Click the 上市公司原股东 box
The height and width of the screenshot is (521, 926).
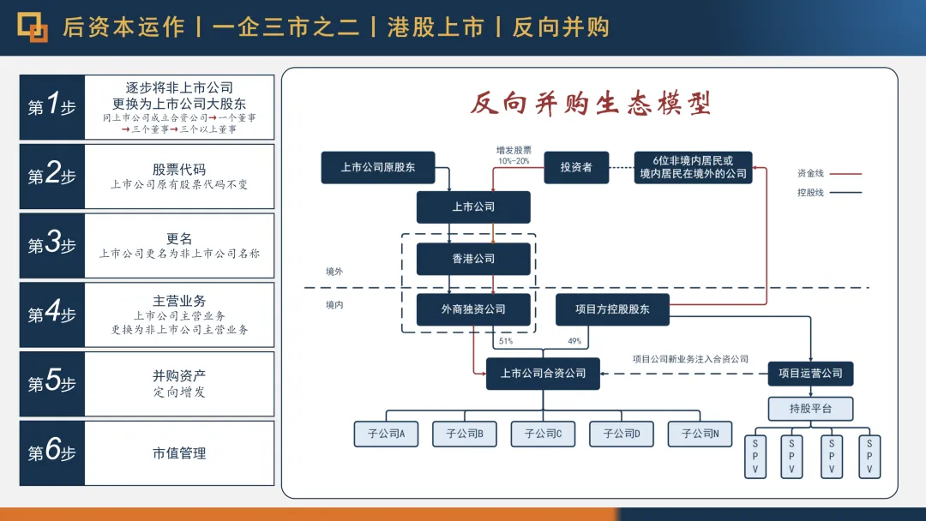pos(378,167)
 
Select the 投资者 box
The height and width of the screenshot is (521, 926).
pos(576,167)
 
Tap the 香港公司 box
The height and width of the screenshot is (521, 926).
pos(473,259)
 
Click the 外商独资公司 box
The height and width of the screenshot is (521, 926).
pos(473,309)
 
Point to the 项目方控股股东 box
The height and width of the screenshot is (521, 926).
pos(612,309)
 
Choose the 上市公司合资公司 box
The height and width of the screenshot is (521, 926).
pos(543,374)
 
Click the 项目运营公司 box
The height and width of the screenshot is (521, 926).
pos(810,374)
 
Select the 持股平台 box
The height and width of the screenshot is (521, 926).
pos(810,409)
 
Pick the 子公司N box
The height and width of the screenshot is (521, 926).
pos(700,434)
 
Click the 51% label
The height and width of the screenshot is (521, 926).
pos(506,341)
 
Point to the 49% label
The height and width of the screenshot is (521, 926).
pos(574,341)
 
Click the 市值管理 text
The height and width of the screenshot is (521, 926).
pos(179,453)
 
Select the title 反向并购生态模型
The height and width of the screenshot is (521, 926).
pos(591,104)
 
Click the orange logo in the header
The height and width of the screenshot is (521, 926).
pos(33,27)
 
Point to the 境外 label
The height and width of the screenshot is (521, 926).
pos(334,272)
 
